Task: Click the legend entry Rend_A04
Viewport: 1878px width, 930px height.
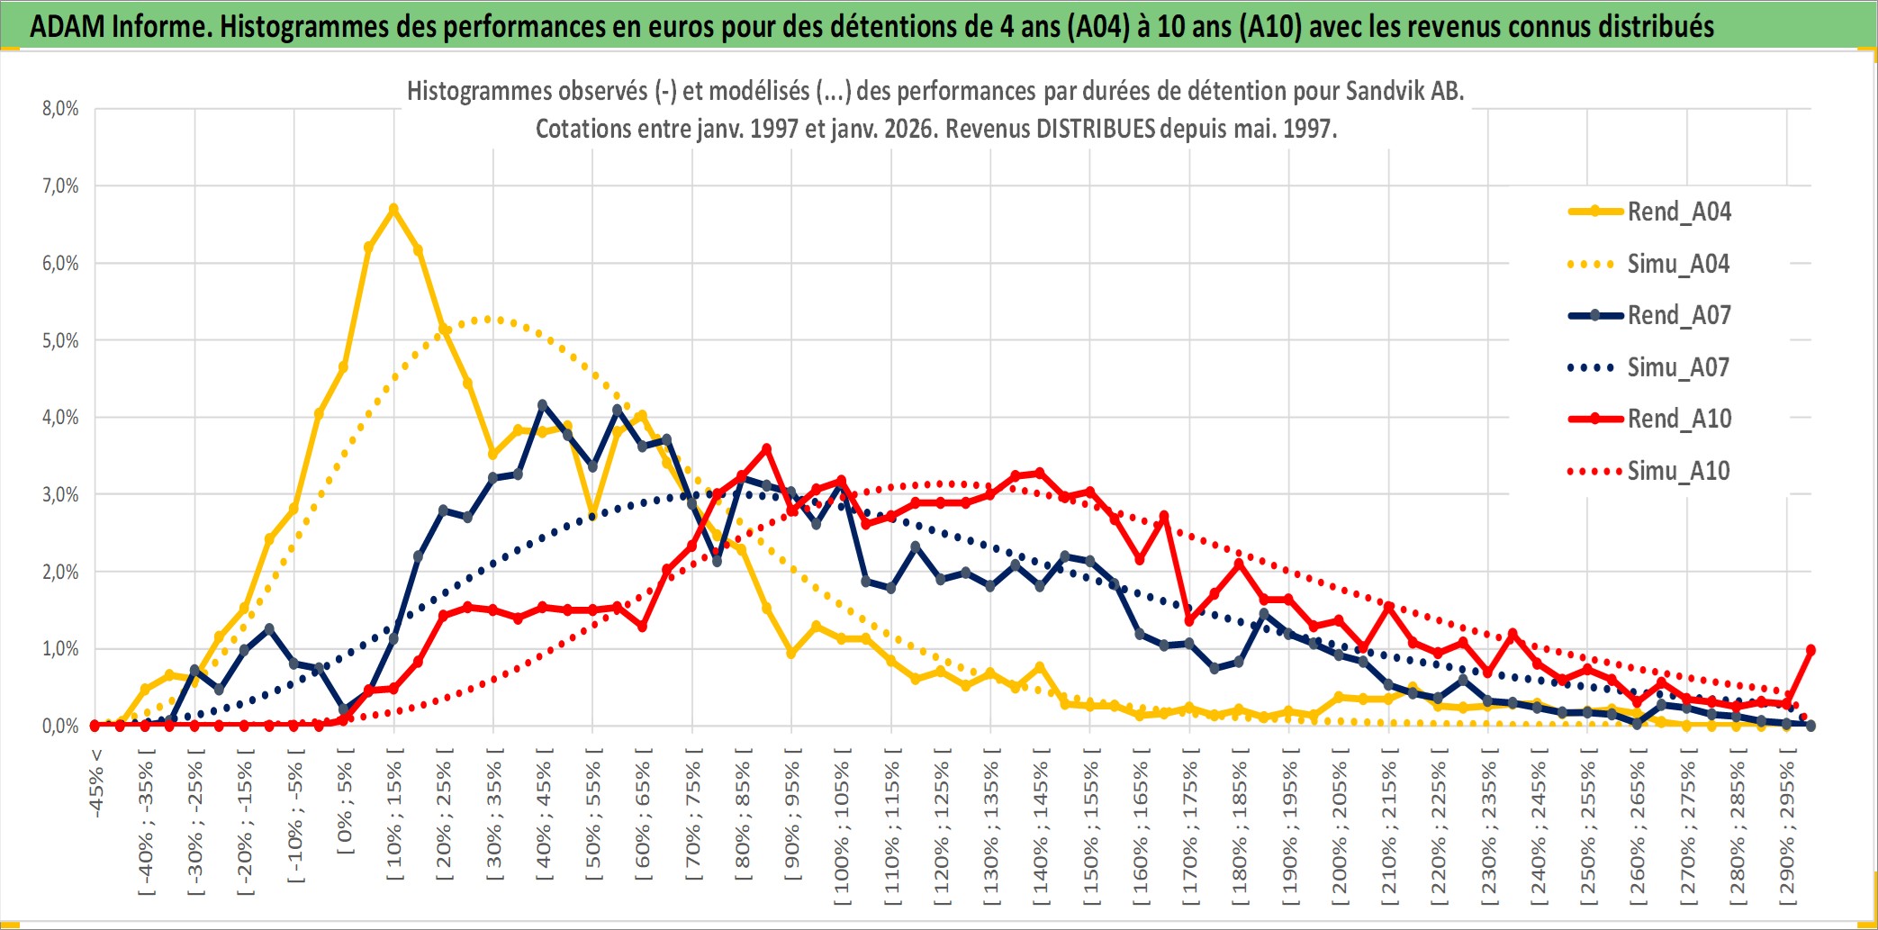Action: coord(1678,212)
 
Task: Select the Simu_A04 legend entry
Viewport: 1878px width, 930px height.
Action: coord(1678,264)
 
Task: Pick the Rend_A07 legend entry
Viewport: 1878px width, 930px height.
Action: coord(1678,315)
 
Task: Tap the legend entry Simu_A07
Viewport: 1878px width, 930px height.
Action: coord(1678,367)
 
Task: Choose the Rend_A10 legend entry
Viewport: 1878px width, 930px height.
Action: coord(1678,419)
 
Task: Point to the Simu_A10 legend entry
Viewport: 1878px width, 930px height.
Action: coord(1678,471)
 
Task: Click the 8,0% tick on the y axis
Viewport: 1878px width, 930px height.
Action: coord(60,109)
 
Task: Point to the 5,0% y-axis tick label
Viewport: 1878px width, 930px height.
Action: coord(60,340)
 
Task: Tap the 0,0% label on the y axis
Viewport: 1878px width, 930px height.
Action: coord(60,726)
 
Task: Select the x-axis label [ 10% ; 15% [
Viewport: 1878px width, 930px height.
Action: coord(394,819)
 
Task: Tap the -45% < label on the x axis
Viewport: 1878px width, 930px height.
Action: coord(96,783)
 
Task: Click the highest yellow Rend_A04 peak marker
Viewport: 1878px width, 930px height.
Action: coord(393,209)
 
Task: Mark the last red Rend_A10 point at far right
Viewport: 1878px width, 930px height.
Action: coord(1810,650)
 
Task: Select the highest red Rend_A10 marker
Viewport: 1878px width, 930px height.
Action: coord(766,448)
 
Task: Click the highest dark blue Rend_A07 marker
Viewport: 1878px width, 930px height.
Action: coord(542,405)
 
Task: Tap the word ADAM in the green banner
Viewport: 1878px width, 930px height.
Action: coord(68,26)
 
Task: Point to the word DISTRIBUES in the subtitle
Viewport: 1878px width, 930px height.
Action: coord(1095,129)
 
